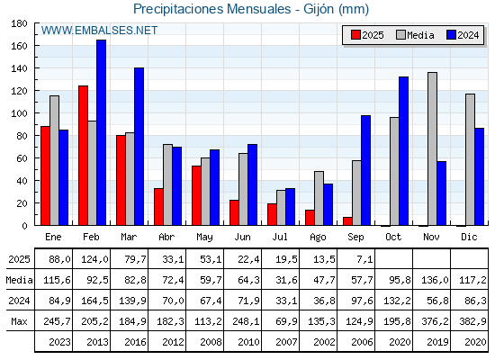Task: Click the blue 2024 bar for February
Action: tap(101, 132)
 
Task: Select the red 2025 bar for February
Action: tap(83, 156)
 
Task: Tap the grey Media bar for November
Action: tap(432, 148)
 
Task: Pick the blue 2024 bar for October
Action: tap(404, 151)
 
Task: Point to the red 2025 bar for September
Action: tap(347, 221)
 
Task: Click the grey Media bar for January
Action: tap(55, 160)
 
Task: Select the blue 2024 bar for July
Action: tap(290, 207)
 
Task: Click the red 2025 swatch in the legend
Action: tap(356, 35)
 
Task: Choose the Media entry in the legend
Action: tap(415, 35)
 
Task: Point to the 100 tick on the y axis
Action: tap(36, 113)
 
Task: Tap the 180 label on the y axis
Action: tap(19, 23)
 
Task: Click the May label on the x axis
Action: tap(205, 238)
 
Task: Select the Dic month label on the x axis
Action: tap(469, 237)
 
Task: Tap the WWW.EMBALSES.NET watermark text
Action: tap(99, 31)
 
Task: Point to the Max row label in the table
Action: tap(19, 321)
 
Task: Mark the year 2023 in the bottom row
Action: tap(59, 342)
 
